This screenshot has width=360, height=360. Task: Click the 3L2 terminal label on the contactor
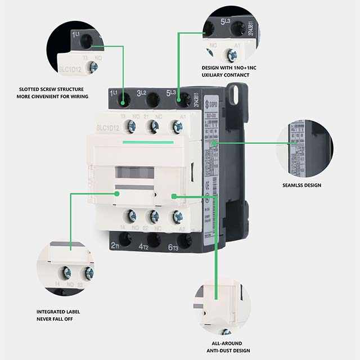[x=142, y=93]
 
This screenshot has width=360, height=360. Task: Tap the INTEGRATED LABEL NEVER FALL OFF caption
[x=62, y=315]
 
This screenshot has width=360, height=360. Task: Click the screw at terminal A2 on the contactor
[x=178, y=215]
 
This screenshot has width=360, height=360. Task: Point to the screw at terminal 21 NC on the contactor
[x=153, y=127]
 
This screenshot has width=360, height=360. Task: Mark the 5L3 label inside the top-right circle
[x=225, y=22]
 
